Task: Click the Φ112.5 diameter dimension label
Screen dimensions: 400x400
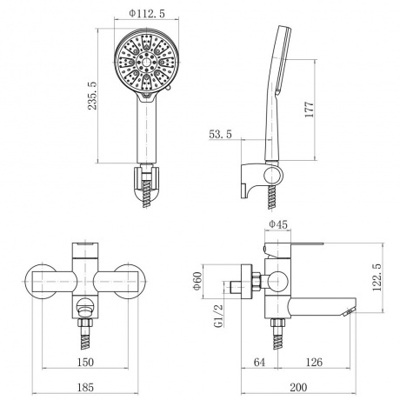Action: tap(147, 13)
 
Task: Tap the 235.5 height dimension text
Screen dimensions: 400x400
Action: tap(92, 96)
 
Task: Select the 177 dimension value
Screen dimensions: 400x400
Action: tap(310, 109)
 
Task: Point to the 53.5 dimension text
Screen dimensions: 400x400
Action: tap(220, 134)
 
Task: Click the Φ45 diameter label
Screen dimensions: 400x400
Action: tap(278, 224)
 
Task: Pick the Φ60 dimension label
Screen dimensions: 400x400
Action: tap(197, 281)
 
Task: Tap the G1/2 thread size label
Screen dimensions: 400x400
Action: tap(219, 316)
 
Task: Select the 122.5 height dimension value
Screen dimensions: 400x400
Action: tap(377, 277)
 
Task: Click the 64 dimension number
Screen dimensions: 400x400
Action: tap(259, 362)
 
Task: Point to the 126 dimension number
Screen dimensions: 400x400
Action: tap(314, 362)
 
